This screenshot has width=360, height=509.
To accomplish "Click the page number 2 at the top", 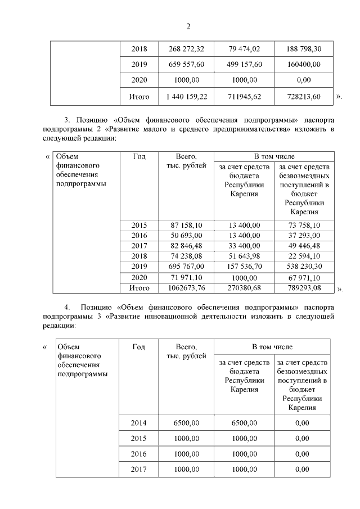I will [188, 26].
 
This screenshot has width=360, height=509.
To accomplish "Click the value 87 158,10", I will [186, 226].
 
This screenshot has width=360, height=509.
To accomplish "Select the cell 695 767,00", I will [186, 266].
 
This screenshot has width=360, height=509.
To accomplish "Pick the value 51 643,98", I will [244, 256].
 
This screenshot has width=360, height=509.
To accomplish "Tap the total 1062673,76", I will [186, 288].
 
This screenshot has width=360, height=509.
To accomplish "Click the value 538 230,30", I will [303, 266].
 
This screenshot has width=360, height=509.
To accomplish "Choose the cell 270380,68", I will [244, 288].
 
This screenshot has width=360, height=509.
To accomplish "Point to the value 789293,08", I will [303, 288].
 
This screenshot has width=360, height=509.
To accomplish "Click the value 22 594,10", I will [303, 256].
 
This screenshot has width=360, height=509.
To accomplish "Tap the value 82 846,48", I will [186, 246].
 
